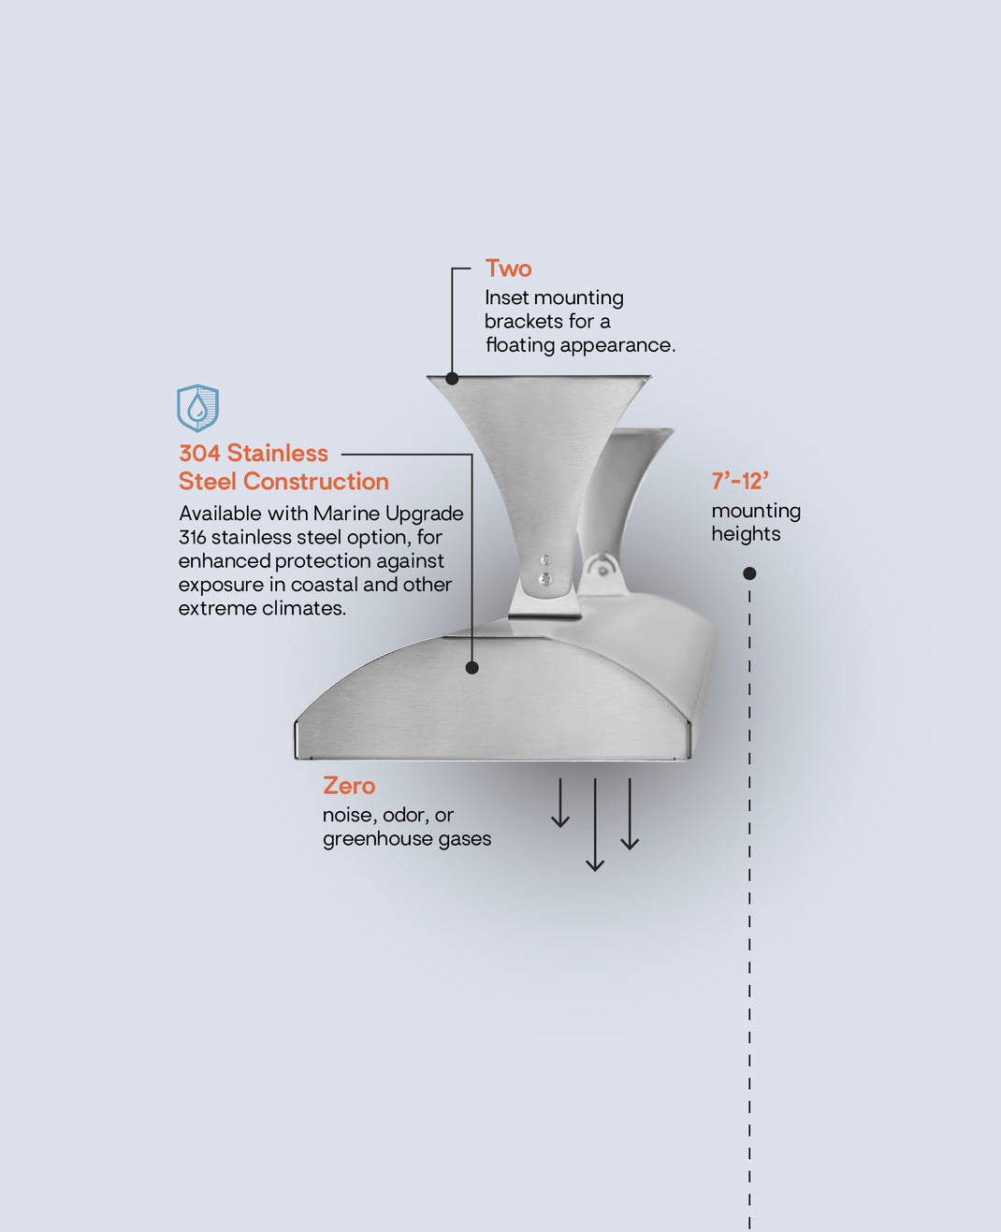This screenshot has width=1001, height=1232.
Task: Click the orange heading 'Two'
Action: pos(508,268)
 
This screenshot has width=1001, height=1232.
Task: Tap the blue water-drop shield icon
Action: pos(197,408)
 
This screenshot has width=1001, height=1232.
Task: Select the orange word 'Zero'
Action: pos(349,786)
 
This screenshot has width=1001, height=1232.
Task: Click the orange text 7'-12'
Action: pos(740,481)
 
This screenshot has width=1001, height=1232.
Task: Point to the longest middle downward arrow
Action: pos(595,824)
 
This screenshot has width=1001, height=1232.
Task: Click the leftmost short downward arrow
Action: pos(560,803)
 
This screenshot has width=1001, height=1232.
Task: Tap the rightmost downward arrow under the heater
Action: pos(630,814)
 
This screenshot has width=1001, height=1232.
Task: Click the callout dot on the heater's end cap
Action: pos(471,668)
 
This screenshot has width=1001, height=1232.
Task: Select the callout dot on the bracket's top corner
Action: pos(452,379)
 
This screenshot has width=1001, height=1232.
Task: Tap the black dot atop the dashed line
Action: pos(749,573)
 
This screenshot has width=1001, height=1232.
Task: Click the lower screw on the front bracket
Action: pos(544,578)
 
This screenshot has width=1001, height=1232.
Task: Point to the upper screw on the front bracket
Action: pos(544,560)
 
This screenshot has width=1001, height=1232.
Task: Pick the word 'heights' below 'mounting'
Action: pos(746,534)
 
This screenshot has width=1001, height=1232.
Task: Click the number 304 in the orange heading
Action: pos(199,453)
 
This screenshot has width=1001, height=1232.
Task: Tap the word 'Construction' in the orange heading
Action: pos(316,481)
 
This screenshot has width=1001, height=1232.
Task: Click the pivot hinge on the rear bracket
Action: pos(602,571)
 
